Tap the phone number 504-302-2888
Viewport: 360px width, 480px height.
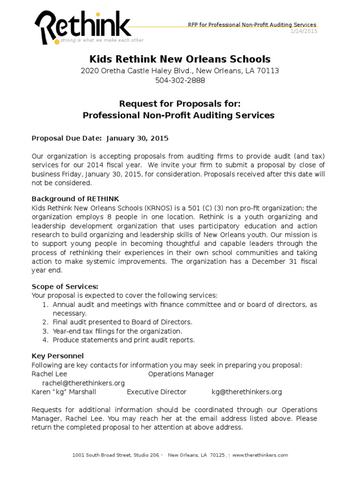[x=180, y=80]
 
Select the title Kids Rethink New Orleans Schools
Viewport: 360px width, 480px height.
[x=180, y=59]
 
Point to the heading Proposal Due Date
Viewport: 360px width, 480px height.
[x=67, y=138]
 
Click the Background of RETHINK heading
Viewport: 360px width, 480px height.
[x=78, y=198]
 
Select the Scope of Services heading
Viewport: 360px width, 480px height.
[x=65, y=286]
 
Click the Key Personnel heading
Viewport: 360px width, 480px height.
[x=58, y=356]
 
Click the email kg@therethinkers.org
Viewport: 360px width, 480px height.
[x=247, y=392]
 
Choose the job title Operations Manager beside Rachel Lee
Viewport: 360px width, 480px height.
[x=181, y=374]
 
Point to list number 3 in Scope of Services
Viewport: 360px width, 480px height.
[x=45, y=331]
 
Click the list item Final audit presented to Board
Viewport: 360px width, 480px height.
[x=122, y=322]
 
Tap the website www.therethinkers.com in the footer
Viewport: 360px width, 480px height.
[x=260, y=455]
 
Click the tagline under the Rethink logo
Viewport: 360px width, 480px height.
[x=102, y=40]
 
